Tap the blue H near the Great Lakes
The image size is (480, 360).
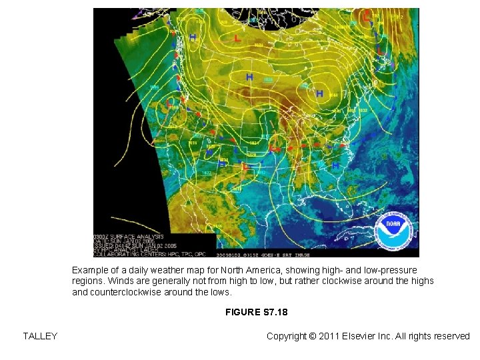tap(319, 93)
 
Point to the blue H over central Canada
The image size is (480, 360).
tap(249, 77)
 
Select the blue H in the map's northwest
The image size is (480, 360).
tap(193, 37)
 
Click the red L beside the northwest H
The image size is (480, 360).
tap(238, 39)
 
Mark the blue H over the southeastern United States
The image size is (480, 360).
tap(336, 164)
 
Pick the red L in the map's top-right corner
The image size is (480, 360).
tap(367, 15)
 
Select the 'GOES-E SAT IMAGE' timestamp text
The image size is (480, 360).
tap(293, 254)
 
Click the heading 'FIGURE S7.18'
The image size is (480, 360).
tap(256, 312)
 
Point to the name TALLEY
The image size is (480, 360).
tap(40, 336)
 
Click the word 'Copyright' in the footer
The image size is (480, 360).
tap(288, 336)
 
